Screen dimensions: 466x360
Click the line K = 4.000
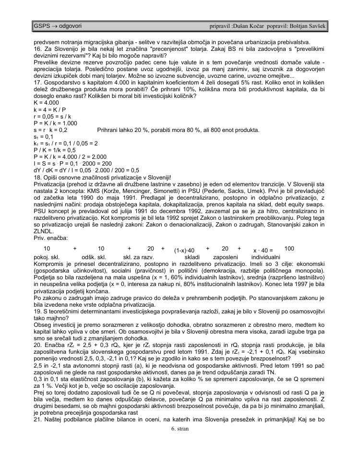tap(46, 103)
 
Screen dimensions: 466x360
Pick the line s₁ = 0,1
tap(43, 136)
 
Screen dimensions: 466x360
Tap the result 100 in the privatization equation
tap(289, 249)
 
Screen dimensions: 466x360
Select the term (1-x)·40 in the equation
tap(184, 251)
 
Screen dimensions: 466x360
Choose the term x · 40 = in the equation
tap(263, 251)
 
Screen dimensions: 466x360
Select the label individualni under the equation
tap(265, 257)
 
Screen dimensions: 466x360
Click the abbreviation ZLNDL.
tap(43, 230)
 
